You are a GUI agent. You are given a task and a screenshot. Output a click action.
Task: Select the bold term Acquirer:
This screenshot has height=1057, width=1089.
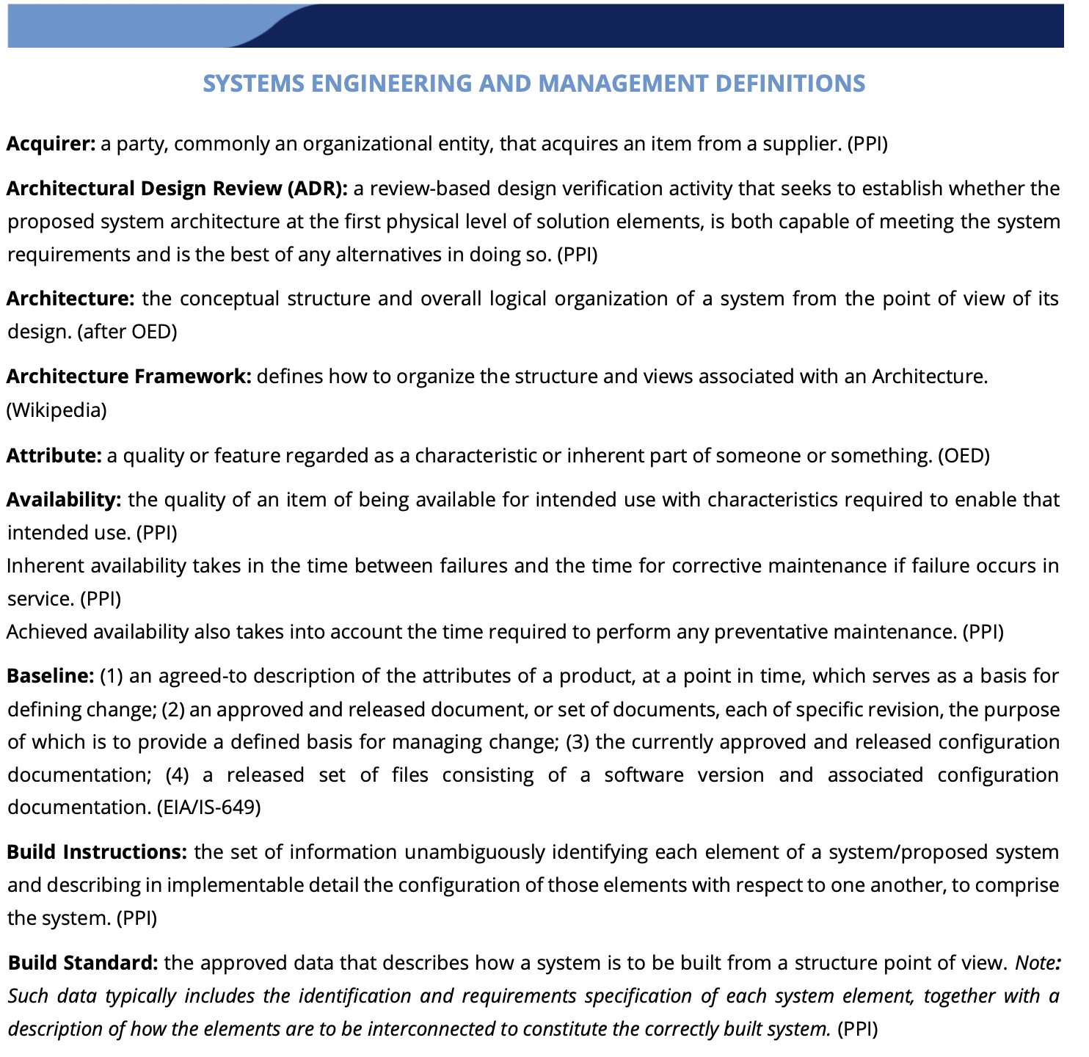(51, 144)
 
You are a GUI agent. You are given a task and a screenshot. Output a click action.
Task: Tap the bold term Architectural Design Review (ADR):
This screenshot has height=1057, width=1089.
(177, 189)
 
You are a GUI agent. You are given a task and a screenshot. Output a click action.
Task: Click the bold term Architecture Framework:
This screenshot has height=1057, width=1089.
(129, 377)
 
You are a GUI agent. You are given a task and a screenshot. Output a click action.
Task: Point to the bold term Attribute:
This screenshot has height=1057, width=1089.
(54, 456)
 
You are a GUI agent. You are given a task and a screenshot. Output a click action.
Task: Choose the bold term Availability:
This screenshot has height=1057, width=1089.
(64, 500)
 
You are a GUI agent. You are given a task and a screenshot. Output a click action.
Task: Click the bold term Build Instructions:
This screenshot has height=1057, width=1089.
(98, 852)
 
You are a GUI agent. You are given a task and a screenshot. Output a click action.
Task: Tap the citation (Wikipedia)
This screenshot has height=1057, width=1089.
(57, 410)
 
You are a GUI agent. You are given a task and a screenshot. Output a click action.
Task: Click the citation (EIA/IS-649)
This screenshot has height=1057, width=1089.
(209, 808)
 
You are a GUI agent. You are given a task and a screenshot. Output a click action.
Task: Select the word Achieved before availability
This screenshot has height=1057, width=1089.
(45, 632)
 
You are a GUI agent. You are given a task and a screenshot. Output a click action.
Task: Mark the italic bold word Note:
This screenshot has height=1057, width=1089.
(1037, 962)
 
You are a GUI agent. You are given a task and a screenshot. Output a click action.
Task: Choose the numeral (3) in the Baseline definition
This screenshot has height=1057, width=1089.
(578, 742)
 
